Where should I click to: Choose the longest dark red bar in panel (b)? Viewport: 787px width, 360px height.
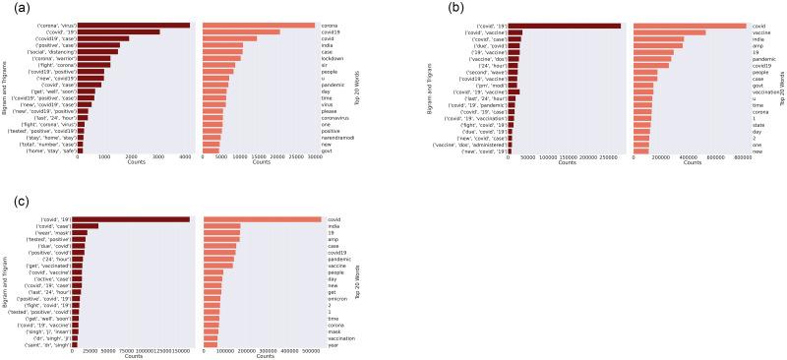pyautogui.click(x=565, y=27)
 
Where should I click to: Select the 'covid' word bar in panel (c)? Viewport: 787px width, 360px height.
pyautogui.click(x=262, y=219)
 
